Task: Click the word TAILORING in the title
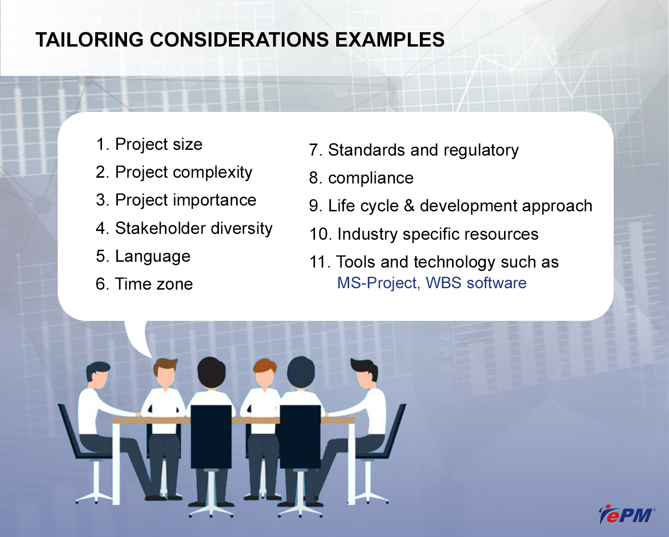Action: tap(89, 40)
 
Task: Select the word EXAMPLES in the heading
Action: tap(390, 40)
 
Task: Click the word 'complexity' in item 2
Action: tap(213, 173)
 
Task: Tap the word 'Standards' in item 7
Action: tap(366, 150)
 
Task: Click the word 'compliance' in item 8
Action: tap(371, 179)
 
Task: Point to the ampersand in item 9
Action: tap(409, 206)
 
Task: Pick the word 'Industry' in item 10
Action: tap(367, 234)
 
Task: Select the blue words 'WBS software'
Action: tap(476, 283)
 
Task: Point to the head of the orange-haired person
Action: tap(264, 373)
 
